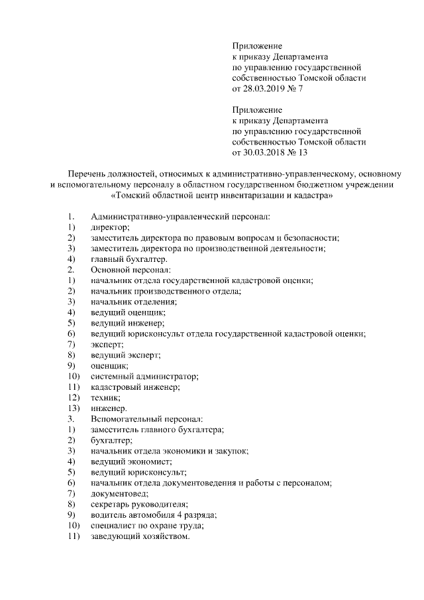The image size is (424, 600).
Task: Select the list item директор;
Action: [110, 227]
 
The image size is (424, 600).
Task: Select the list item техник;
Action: [105, 397]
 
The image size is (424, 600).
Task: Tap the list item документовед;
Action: [119, 494]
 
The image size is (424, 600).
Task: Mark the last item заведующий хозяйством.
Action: [140, 536]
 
